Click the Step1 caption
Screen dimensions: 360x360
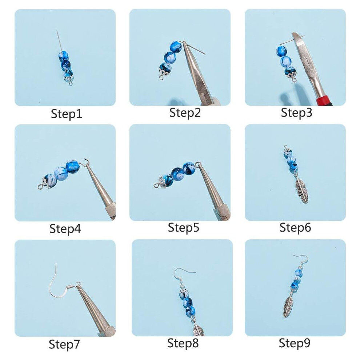[x=66, y=114]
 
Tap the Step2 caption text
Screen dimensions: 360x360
[x=185, y=113]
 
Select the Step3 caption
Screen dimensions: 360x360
[x=296, y=113]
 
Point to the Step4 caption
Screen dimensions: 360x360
[x=65, y=229]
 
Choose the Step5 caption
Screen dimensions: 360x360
[x=183, y=228]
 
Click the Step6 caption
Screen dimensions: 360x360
[x=295, y=228]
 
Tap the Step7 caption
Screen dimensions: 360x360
[x=64, y=344]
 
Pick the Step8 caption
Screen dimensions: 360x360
[x=183, y=343]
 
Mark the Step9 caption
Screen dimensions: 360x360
[x=294, y=343]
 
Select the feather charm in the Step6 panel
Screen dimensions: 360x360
[x=301, y=190]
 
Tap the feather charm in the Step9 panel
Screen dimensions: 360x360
[x=288, y=305]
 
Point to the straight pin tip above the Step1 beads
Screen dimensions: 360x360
[x=57, y=30]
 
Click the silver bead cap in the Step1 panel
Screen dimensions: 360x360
[x=69, y=80]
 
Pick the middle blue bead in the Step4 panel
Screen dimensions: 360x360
[x=61, y=173]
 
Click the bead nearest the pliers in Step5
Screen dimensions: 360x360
[x=189, y=168]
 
